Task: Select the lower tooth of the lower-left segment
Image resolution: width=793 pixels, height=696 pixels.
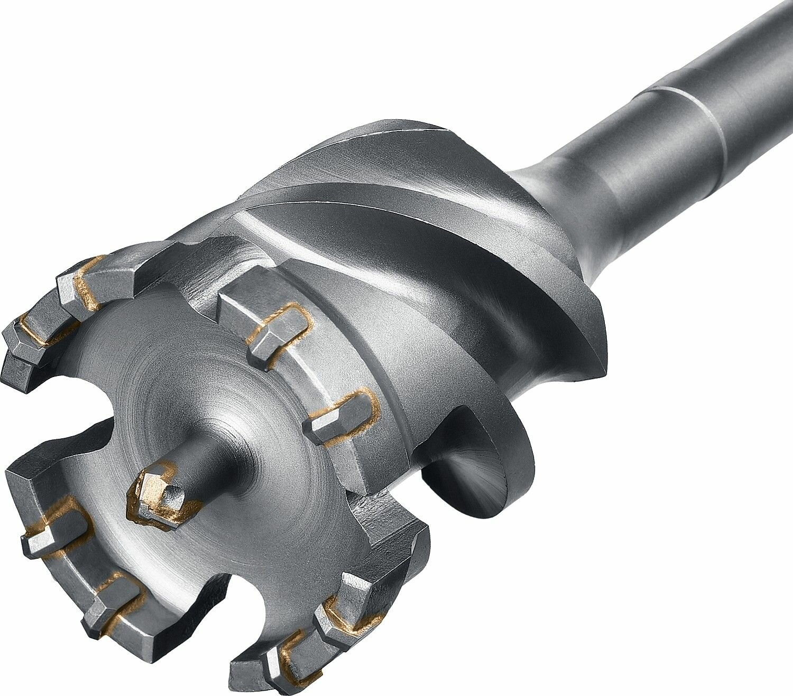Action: point(114,602)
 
